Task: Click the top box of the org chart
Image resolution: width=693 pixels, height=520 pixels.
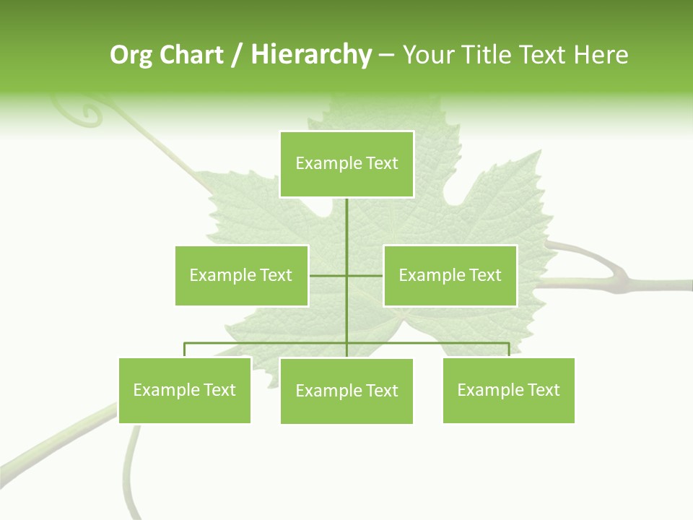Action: pyautogui.click(x=346, y=164)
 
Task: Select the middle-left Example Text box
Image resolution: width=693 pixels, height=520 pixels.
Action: pyautogui.click(x=241, y=275)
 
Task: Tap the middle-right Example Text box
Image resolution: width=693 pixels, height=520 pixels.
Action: pyautogui.click(x=450, y=275)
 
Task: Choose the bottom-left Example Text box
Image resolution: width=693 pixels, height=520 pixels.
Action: pyautogui.click(x=184, y=390)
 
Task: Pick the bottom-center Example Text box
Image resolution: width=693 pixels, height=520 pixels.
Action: pyautogui.click(x=346, y=391)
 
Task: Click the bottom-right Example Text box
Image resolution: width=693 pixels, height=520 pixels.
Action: pyautogui.click(x=508, y=390)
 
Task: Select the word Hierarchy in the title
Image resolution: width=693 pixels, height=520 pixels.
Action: pyautogui.click(x=310, y=56)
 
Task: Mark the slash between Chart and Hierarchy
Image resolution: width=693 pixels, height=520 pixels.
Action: pyautogui.click(x=237, y=56)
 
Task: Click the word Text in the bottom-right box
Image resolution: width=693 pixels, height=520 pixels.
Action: pyautogui.click(x=544, y=390)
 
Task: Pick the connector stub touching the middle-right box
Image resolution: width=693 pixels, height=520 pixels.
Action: pyautogui.click(x=365, y=275)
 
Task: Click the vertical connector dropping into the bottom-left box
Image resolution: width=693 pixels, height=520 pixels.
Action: pyautogui.click(x=185, y=350)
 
